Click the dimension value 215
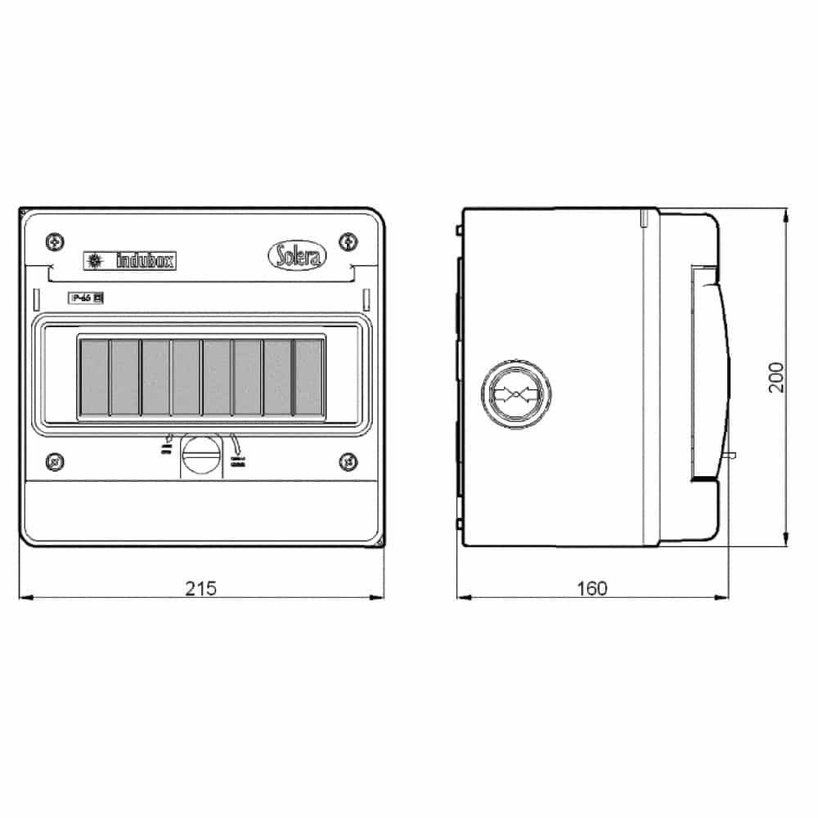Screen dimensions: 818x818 200,587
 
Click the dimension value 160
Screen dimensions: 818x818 591,587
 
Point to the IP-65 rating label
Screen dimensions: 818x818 85,299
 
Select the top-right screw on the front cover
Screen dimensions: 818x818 348,240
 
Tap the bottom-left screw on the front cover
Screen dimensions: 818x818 54,461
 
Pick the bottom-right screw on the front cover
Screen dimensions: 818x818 348,461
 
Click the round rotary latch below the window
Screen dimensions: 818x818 200,452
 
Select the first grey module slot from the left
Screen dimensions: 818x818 94,377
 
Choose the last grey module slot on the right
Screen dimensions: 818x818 309,377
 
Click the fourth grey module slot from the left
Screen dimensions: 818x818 187,377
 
